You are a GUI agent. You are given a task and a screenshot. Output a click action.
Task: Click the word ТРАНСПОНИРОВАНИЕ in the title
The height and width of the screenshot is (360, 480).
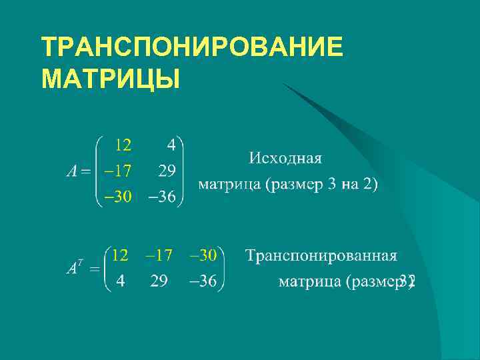[192, 48]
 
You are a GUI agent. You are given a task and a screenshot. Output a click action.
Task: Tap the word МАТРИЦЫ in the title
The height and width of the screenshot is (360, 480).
[111, 79]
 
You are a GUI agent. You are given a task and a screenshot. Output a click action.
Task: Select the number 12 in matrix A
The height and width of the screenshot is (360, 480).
[123, 145]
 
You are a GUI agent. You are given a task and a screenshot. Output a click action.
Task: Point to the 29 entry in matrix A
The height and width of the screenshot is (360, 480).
[167, 171]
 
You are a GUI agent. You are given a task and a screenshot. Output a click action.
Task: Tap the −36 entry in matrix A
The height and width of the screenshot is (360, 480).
[162, 196]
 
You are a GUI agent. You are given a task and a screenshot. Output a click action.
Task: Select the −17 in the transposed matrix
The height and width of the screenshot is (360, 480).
[159, 255]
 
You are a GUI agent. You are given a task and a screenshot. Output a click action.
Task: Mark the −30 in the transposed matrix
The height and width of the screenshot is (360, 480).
[203, 255]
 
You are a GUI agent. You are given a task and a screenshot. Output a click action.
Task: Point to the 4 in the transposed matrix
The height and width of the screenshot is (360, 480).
[120, 281]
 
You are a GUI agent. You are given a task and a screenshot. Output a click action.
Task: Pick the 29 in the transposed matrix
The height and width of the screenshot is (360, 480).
[159, 281]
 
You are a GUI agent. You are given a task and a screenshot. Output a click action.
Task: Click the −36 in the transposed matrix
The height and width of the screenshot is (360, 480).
[203, 281]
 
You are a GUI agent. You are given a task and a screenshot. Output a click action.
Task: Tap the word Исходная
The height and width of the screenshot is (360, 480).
[285, 159]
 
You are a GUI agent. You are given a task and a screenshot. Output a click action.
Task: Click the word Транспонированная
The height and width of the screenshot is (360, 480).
[321, 256]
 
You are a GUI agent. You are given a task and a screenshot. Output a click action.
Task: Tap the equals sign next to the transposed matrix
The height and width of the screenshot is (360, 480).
[95, 269]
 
